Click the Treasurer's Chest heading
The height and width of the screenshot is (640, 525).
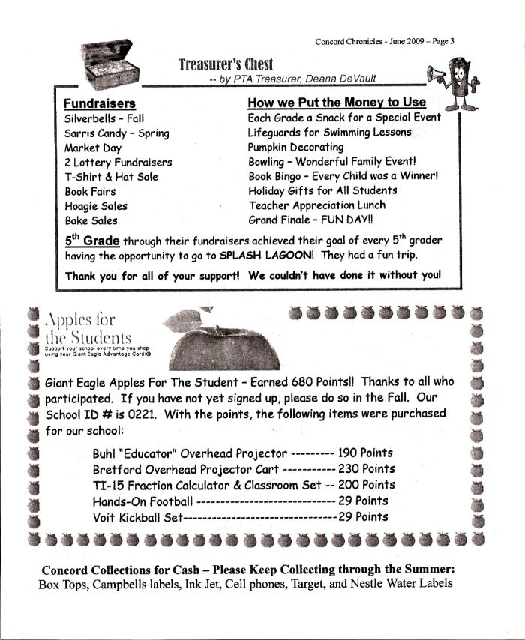click(x=226, y=64)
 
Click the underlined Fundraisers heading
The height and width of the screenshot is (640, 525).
click(x=99, y=103)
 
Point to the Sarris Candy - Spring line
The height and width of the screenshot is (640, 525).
click(x=116, y=133)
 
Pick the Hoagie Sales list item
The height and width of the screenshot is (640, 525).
click(x=96, y=206)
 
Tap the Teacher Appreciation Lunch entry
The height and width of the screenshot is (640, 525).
click(x=317, y=205)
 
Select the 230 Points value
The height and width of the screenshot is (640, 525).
click(x=367, y=469)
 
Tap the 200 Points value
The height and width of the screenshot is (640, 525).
click(x=367, y=485)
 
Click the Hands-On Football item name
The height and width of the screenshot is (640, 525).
click(x=142, y=501)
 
